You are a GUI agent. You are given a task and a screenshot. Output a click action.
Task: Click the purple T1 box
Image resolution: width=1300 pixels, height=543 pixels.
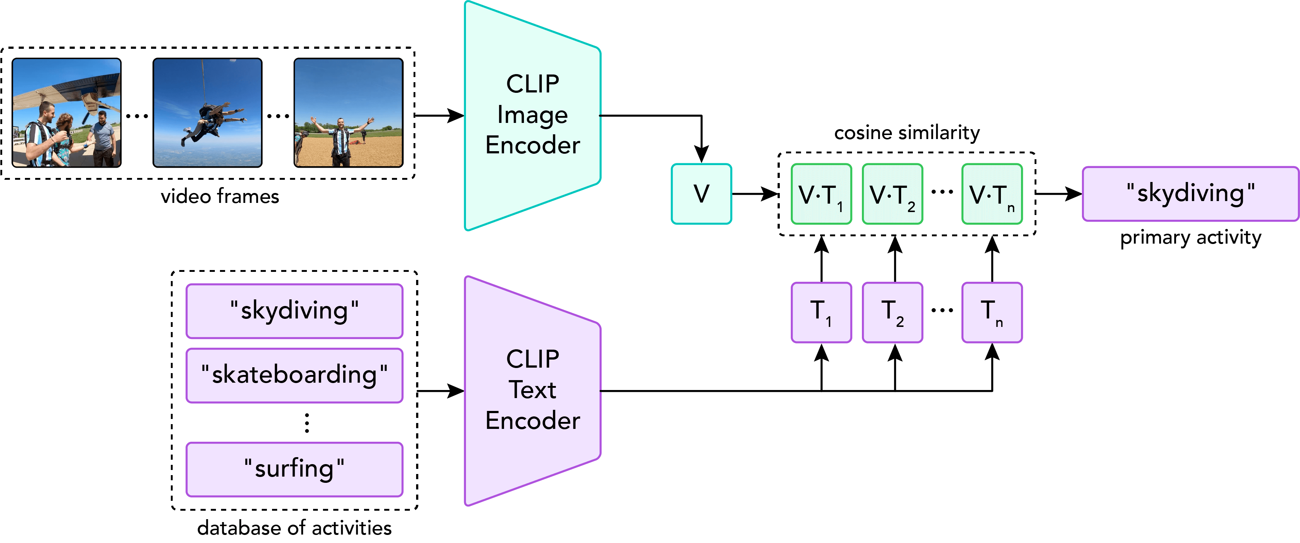pyautogui.click(x=821, y=312)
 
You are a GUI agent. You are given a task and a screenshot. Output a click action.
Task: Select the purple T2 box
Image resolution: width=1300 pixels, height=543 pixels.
pyautogui.click(x=892, y=312)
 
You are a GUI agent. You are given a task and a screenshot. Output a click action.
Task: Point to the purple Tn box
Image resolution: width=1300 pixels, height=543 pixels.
pyautogui.click(x=992, y=312)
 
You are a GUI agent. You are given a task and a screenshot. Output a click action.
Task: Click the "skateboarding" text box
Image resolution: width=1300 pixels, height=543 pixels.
pyautogui.click(x=294, y=375)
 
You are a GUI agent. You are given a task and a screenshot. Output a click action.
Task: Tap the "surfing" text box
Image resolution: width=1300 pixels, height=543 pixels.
pyautogui.click(x=294, y=469)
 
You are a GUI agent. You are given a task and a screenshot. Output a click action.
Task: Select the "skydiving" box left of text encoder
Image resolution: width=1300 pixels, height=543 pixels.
pyautogui.click(x=294, y=311)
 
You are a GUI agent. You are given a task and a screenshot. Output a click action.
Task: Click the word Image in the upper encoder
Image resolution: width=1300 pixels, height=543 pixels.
pyautogui.click(x=532, y=115)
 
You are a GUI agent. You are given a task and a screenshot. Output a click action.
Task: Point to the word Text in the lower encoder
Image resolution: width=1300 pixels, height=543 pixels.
pyautogui.click(x=532, y=390)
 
